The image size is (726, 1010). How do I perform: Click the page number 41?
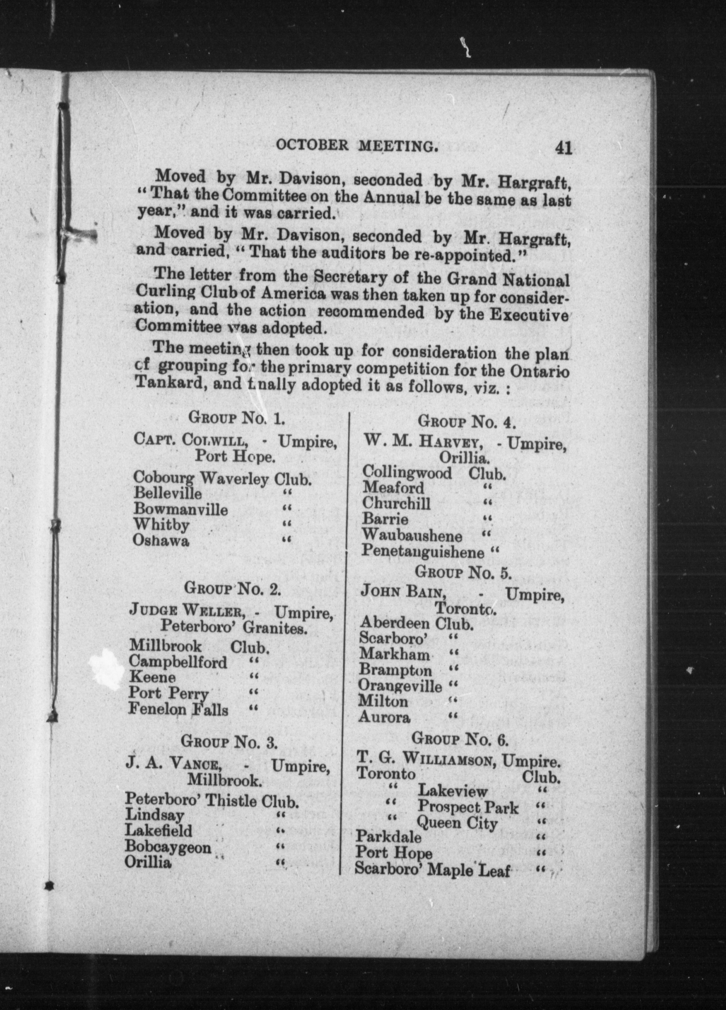click(563, 148)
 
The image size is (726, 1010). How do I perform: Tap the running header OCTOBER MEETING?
click(355, 146)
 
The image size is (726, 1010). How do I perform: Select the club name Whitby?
click(161, 525)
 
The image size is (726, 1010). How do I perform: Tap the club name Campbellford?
click(178, 662)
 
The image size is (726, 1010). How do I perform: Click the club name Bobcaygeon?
click(168, 846)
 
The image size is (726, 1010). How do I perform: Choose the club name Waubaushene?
click(412, 535)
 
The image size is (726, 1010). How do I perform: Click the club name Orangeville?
click(400, 686)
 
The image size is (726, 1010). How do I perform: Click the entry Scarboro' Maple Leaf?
click(432, 869)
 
